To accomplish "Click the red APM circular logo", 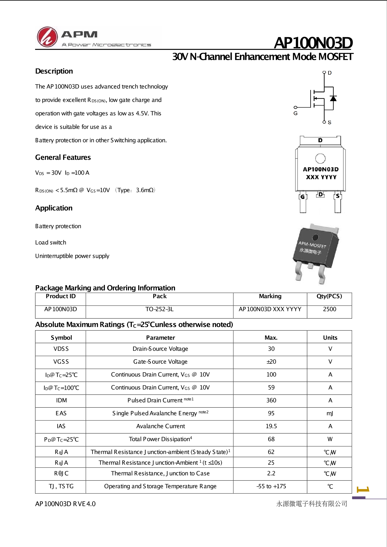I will [x=47, y=37].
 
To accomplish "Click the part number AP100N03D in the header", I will [x=313, y=43].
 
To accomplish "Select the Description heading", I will [x=54, y=71].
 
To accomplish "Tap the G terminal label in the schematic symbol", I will [x=295, y=113].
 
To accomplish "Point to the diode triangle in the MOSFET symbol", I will [x=333, y=99].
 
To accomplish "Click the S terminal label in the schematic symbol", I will [x=330, y=122].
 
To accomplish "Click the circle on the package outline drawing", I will [x=320, y=158].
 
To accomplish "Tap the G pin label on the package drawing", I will [x=302, y=197].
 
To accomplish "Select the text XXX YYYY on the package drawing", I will [x=321, y=177].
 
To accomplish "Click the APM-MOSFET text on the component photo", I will [x=312, y=245].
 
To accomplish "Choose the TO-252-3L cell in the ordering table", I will [x=159, y=309].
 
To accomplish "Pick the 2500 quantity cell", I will [x=330, y=309].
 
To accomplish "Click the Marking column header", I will [x=270, y=296].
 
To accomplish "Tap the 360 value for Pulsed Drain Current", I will [x=271, y=400].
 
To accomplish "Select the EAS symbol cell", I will [x=61, y=413].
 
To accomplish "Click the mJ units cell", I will [x=330, y=413].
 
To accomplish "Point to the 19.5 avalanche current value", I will [x=271, y=426].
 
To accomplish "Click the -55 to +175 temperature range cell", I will [x=271, y=486].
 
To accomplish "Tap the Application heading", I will [x=54, y=208].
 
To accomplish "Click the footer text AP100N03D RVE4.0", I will [x=65, y=504].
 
